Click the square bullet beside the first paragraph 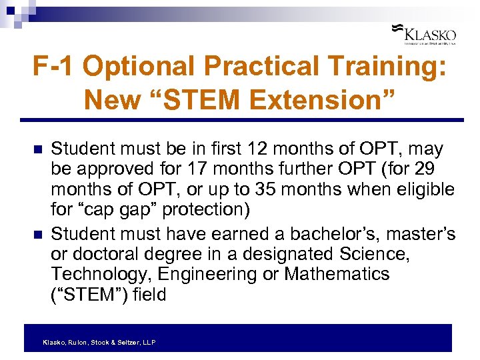[x=37, y=149]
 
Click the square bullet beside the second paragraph [x=37, y=235]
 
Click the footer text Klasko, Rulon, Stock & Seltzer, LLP [x=99, y=342]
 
